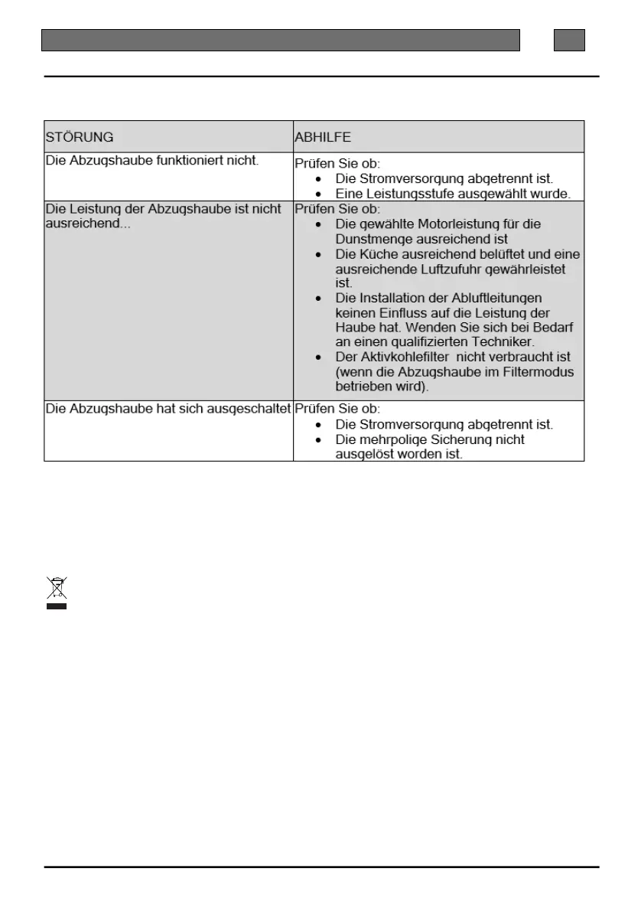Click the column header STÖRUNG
[x=80, y=137]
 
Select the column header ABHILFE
[x=323, y=137]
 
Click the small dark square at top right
[x=569, y=40]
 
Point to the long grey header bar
[x=280, y=40]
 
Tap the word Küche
[x=377, y=254]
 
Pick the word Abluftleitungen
[x=496, y=298]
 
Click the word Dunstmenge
[x=375, y=239]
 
